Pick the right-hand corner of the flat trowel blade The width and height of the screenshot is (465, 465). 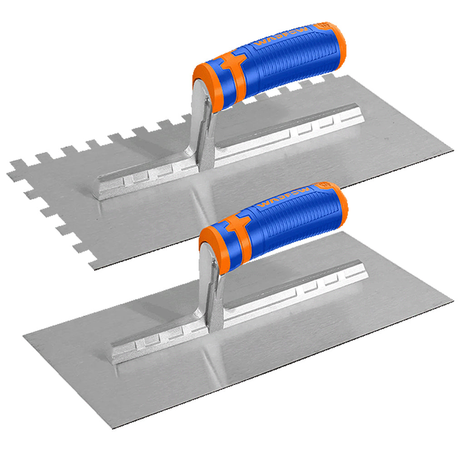coord(452,302)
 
